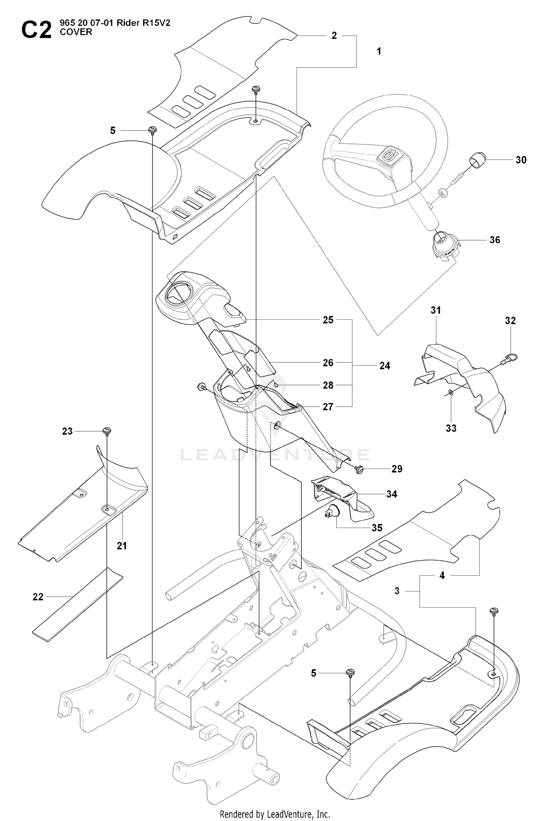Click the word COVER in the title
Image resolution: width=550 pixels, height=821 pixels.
point(76,32)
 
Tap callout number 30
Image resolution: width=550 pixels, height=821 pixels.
point(521,160)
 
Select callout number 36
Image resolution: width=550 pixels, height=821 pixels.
point(495,240)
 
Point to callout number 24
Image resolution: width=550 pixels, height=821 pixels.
point(385,366)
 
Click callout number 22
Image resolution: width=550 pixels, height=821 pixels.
point(38,597)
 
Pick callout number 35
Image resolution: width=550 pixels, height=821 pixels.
point(377,528)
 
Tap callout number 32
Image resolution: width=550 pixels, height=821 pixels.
point(510,320)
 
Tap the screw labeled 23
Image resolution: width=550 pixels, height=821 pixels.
point(107,431)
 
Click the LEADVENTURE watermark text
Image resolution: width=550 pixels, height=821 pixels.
point(275,455)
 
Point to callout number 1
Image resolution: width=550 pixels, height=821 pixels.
point(379,51)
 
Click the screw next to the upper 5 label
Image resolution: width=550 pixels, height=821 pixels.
point(153,130)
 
